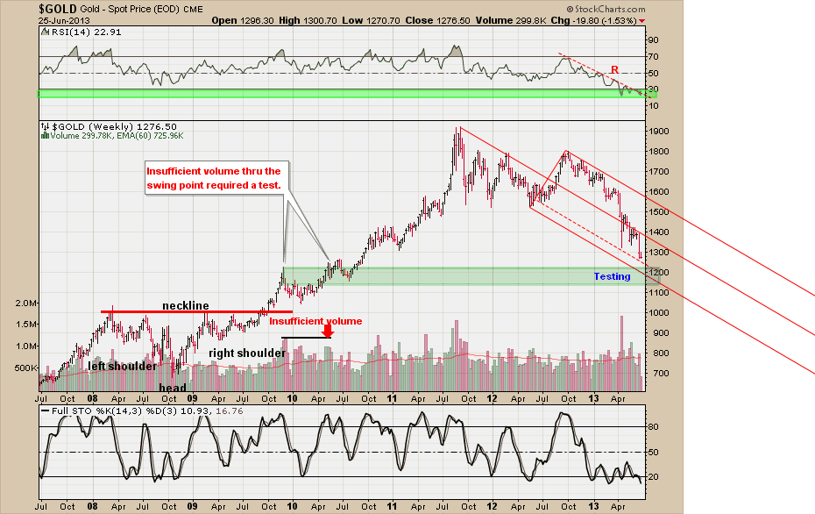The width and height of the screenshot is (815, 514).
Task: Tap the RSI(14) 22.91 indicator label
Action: [75, 33]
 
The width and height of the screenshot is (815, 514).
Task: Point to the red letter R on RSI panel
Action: [614, 70]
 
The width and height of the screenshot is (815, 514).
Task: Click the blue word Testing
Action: [612, 276]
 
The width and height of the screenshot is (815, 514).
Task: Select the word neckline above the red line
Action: [186, 305]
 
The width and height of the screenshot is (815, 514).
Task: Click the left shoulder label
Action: [122, 366]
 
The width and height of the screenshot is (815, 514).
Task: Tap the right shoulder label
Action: [247, 353]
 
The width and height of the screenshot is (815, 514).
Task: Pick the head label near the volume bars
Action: [172, 388]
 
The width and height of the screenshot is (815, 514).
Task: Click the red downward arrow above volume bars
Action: [328, 332]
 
